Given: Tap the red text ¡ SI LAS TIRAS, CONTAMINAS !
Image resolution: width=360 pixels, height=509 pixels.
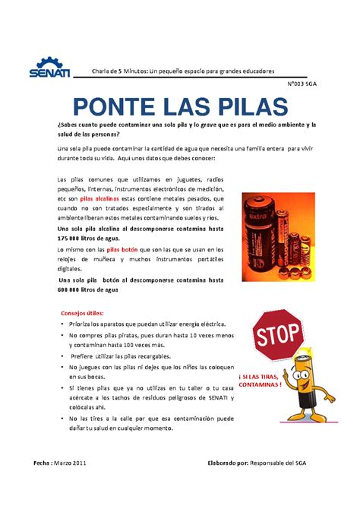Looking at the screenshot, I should point(260,380).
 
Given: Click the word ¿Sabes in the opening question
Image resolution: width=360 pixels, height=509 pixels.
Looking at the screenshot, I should point(70,123).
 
